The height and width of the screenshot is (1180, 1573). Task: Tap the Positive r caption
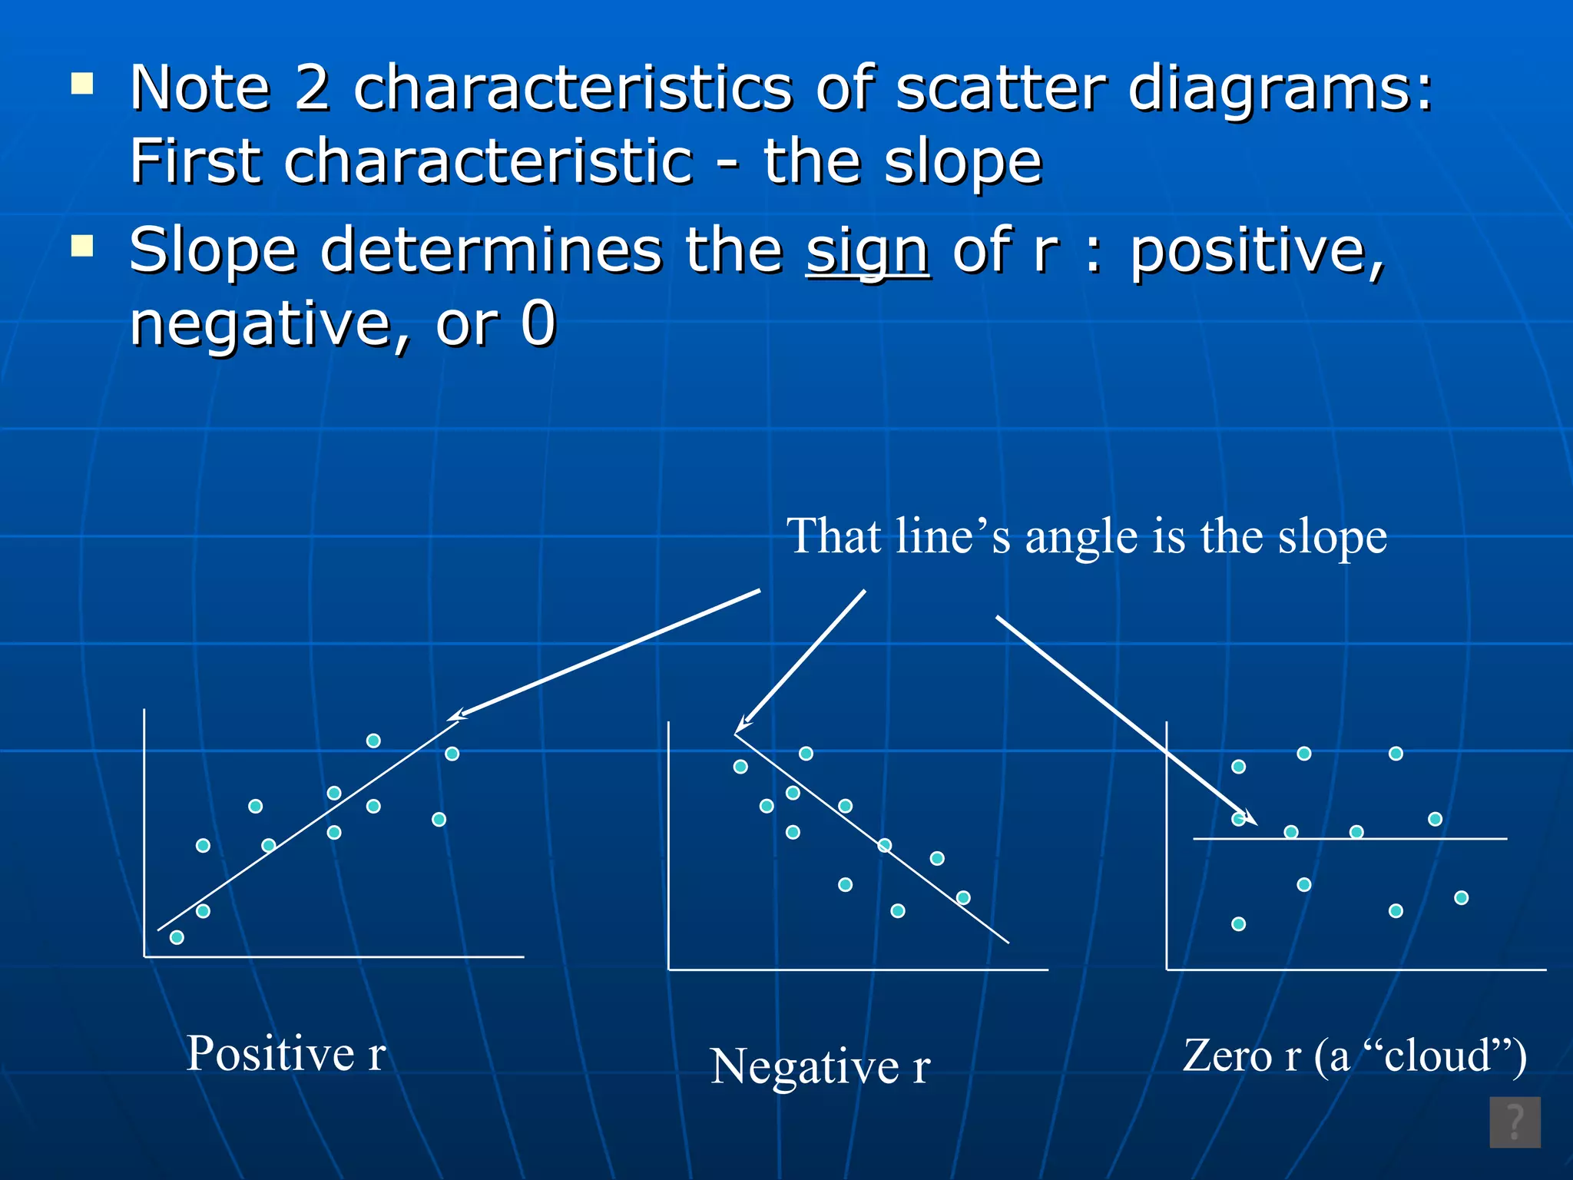click(x=286, y=1053)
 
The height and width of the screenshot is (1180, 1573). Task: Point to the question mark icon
click(x=1515, y=1122)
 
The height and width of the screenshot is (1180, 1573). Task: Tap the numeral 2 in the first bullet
click(x=312, y=88)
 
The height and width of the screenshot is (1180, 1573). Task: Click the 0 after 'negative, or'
click(x=538, y=324)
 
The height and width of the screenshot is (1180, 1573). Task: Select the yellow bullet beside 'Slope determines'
click(x=81, y=246)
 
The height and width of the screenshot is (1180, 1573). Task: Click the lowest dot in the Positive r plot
click(x=177, y=937)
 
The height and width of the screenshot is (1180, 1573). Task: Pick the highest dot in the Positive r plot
click(x=373, y=741)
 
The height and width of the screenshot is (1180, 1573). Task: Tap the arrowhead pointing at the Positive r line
click(x=455, y=717)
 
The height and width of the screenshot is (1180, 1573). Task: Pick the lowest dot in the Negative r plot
click(x=898, y=911)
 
